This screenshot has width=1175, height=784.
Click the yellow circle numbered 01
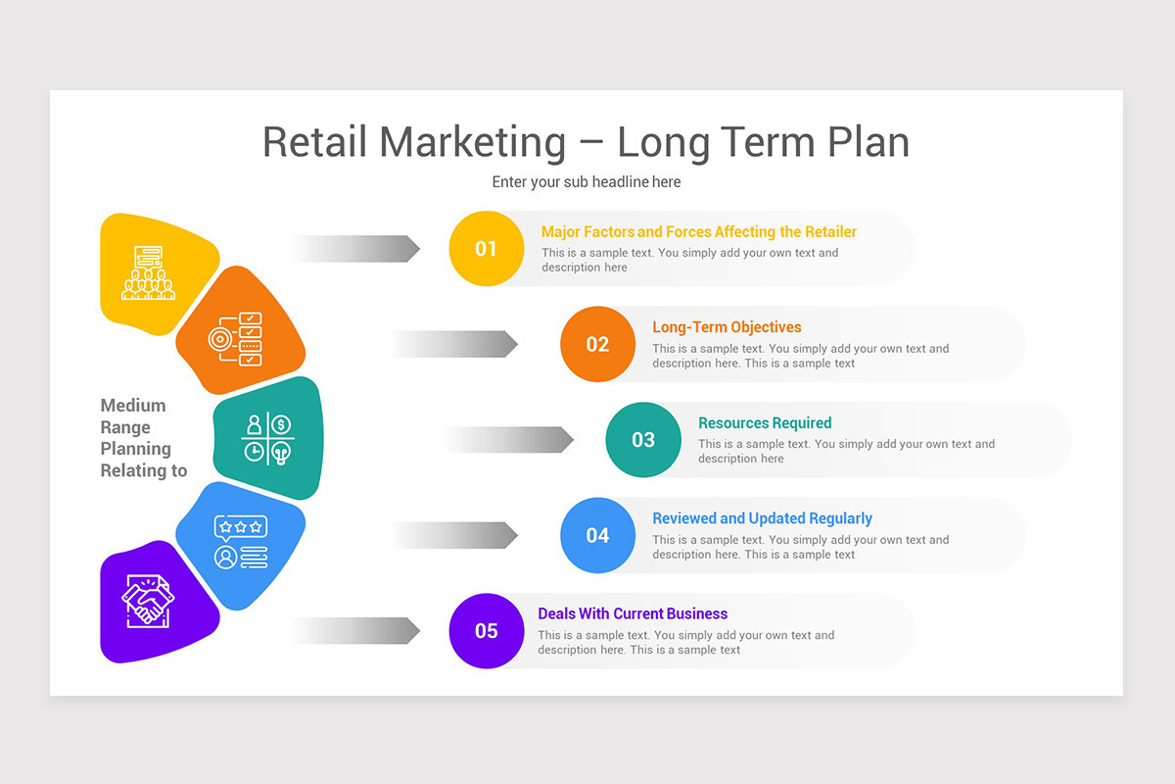(487, 249)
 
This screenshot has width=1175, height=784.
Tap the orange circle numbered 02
(597, 344)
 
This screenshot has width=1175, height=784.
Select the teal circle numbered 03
(643, 440)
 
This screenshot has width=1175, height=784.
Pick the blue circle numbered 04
(597, 535)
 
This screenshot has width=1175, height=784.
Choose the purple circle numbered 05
(487, 631)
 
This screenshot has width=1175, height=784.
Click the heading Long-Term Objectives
(727, 327)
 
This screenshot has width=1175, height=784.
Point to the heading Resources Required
(765, 423)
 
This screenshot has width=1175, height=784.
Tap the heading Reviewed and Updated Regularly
(762, 518)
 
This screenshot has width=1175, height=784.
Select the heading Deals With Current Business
(633, 614)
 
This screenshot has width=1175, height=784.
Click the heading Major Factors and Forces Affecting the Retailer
(698, 232)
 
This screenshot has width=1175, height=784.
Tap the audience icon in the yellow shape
(149, 272)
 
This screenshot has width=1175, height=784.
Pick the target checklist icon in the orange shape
(236, 339)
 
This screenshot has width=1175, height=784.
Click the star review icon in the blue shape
(240, 542)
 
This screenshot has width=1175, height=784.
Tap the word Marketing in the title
(473, 142)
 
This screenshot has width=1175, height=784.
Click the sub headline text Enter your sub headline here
(586, 182)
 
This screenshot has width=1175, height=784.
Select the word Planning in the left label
(136, 449)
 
